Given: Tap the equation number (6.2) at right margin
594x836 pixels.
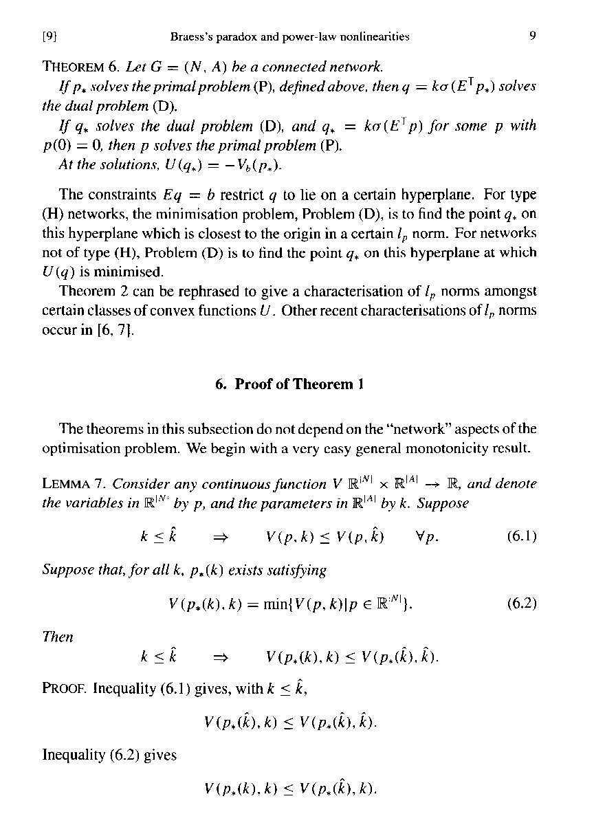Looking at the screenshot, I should coord(520,604).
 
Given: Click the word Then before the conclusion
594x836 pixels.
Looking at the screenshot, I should coord(57,637).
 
